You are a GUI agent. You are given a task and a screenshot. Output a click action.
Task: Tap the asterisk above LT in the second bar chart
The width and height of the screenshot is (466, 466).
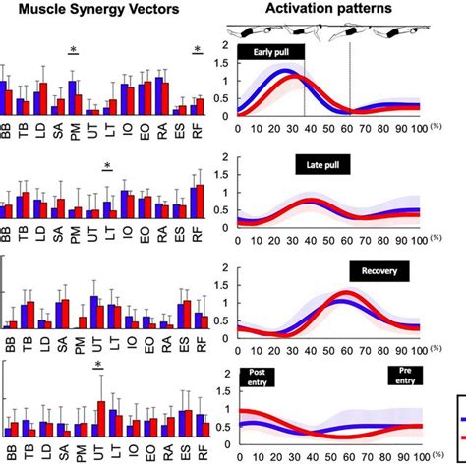coord(108,165)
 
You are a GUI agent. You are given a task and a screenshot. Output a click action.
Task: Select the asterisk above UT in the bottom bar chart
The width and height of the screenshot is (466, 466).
coord(99,366)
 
